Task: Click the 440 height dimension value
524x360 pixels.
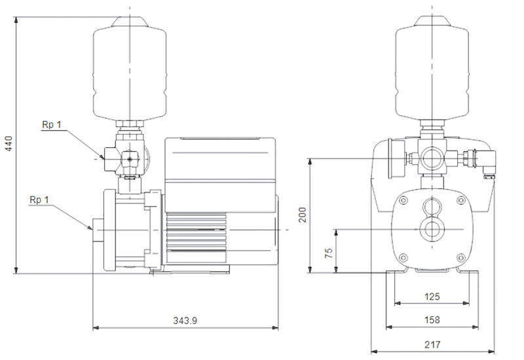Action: [9, 143]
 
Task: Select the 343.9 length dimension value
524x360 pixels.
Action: [185, 321]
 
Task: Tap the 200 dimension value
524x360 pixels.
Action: [302, 215]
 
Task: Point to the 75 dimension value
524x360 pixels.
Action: [329, 253]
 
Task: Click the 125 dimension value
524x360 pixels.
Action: [432, 297]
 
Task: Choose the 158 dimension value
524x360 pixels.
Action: [432, 320]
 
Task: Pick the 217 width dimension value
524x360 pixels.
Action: [432, 344]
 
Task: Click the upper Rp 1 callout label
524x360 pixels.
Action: [52, 125]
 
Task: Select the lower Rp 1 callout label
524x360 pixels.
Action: [39, 200]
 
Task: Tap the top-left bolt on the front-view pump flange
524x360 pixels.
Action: [403, 200]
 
